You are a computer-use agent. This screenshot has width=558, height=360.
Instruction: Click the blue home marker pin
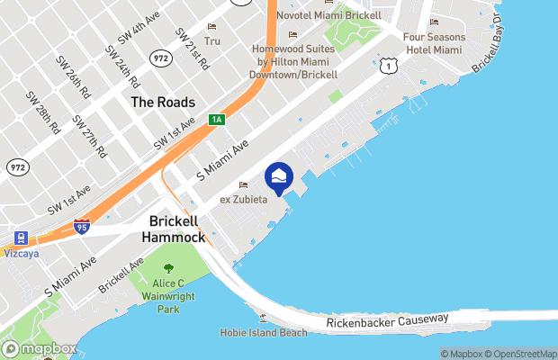point(279,177)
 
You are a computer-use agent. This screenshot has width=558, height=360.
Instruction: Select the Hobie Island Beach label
point(270,332)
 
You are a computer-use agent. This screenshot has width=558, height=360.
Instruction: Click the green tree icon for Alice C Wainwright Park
point(168,267)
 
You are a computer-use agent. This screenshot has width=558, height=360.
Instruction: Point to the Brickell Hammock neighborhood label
point(180,229)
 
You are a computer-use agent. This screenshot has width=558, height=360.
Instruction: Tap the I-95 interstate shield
point(82,226)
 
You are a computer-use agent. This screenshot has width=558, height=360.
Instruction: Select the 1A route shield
point(216,120)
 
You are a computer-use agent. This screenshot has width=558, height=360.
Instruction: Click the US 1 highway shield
point(386,66)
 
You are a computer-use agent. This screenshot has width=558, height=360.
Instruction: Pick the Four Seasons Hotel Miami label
point(435,43)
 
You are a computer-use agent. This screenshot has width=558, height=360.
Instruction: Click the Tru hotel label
point(212,40)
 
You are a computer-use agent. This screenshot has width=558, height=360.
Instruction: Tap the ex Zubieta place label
point(244,199)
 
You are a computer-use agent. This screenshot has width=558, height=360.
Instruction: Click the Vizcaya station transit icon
point(19,239)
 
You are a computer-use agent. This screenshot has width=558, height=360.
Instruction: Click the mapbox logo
point(40,348)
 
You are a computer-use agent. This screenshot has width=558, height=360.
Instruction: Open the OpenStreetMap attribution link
point(518,354)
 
